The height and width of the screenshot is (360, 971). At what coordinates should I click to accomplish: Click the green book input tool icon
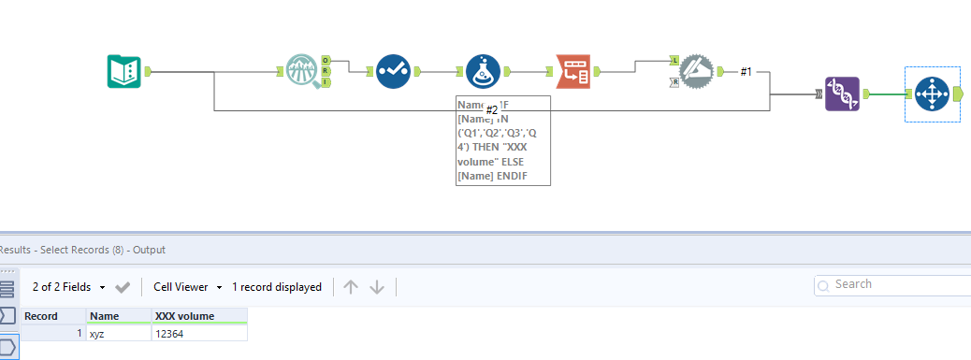click(123, 71)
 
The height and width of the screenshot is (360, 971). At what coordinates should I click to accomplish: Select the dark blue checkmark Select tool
click(393, 71)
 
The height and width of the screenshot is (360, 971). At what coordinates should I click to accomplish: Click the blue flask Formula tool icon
click(483, 71)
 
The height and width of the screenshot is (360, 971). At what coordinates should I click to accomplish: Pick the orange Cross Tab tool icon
click(572, 71)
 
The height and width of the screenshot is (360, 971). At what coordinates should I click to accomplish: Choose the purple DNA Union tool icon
click(842, 94)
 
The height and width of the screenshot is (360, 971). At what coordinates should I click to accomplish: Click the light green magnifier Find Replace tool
click(303, 71)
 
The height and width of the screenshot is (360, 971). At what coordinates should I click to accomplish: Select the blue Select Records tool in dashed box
click(932, 94)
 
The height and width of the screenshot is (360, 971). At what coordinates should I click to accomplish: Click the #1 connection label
click(746, 71)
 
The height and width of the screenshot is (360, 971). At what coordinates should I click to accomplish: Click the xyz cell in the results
click(118, 333)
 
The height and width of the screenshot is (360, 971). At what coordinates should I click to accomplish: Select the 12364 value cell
click(198, 333)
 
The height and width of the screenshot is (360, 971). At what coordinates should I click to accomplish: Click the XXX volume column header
click(198, 316)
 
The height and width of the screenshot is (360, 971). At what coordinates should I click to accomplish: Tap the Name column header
click(118, 316)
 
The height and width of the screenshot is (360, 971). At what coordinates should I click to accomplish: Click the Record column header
click(52, 316)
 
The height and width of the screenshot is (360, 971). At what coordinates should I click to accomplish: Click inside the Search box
click(889, 284)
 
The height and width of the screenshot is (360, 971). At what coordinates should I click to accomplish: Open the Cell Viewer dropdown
click(188, 287)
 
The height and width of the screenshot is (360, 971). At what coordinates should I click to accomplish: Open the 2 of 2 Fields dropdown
click(66, 287)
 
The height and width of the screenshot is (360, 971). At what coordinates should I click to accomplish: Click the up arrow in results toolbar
click(351, 287)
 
